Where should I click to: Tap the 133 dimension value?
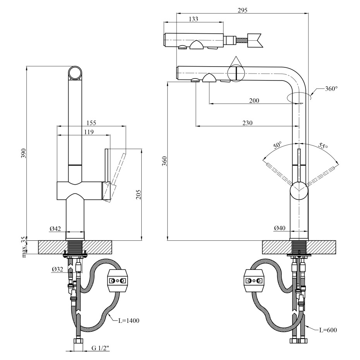tap(194, 19)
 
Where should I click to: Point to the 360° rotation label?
tap(331, 88)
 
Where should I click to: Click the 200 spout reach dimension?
tap(254, 100)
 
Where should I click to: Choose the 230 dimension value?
tap(247, 123)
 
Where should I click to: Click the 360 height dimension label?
tap(164, 161)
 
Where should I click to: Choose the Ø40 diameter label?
tap(279, 228)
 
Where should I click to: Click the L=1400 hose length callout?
tap(129, 320)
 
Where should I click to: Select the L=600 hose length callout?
tap(328, 330)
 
